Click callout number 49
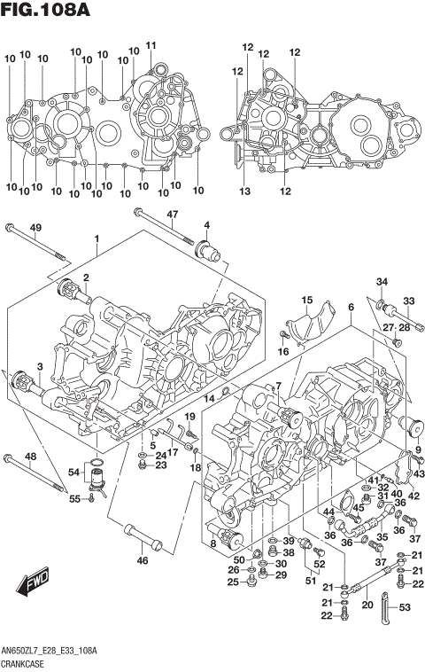click(35, 229)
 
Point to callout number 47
click(173, 214)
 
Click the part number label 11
click(151, 46)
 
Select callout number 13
click(243, 191)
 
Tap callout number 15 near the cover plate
click(307, 299)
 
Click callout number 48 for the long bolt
click(30, 457)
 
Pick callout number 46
click(142, 560)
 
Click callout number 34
click(382, 282)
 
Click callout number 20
click(367, 606)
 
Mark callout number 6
click(351, 307)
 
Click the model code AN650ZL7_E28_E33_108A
click(50, 652)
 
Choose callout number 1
click(96, 239)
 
